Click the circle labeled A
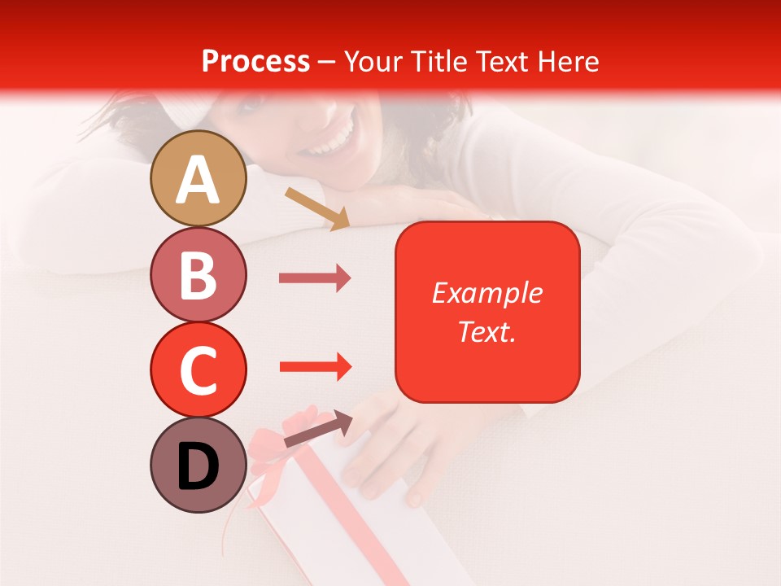pos(198,178)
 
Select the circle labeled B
pos(198,274)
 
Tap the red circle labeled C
pos(198,370)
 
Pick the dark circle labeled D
pos(198,465)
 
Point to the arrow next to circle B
pos(314,278)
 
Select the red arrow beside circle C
pos(315,366)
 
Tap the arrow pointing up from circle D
pos(318,429)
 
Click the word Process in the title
pos(255,62)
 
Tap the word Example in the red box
pos(486,293)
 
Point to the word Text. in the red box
pos(486,331)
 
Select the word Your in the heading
pos(370,62)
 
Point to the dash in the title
pos(327,63)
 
